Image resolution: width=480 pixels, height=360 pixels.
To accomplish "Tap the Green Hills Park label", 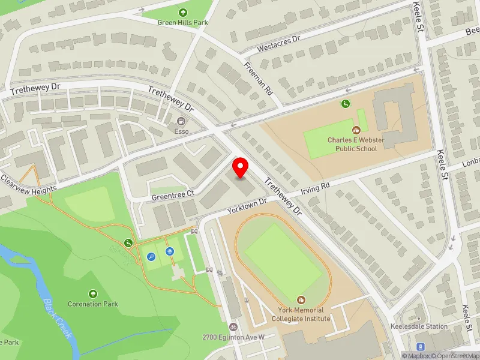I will (182, 23).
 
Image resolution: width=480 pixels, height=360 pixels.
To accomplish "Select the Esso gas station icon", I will (181, 121).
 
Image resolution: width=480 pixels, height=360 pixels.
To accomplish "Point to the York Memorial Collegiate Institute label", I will (301, 314).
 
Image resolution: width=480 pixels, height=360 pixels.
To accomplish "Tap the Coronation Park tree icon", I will (93, 293).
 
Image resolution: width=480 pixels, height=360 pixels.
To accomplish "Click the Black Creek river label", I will (58, 317).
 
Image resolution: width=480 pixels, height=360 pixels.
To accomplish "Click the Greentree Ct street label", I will (173, 194).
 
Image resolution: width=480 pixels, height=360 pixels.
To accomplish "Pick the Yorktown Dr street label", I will (246, 206).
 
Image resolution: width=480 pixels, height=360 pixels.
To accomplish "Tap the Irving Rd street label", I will (316, 189).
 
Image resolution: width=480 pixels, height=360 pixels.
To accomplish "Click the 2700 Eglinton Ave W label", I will (233, 338).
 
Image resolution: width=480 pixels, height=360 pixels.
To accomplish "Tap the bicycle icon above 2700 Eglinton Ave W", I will (233, 328).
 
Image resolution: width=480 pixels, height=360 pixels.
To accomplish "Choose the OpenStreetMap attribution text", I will (455, 356).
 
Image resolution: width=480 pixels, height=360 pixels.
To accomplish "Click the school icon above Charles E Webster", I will (356, 129).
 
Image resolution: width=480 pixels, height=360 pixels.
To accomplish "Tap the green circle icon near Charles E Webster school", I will (346, 104).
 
